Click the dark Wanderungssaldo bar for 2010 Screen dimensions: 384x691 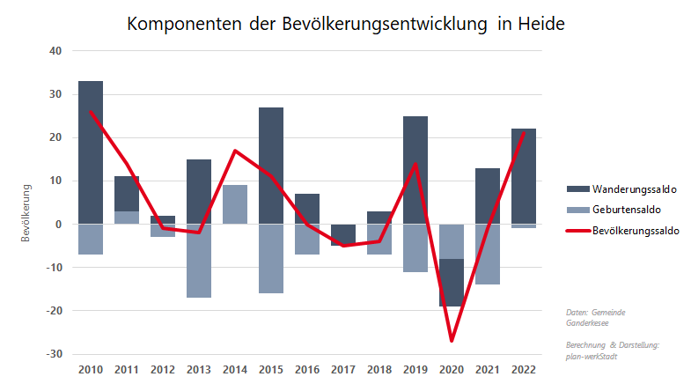pos(91,152)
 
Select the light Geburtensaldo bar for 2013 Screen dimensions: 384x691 pos(199,261)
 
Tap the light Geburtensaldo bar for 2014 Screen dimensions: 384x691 pos(235,204)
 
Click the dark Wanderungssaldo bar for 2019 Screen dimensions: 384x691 pos(415,170)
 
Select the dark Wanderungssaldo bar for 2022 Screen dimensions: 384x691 pos(524,176)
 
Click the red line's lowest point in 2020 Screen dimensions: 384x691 pos(452,340)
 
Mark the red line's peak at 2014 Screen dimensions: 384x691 pos(235,151)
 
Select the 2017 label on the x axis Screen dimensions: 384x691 pos(343,369)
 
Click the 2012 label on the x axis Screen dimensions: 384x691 pos(163,369)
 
